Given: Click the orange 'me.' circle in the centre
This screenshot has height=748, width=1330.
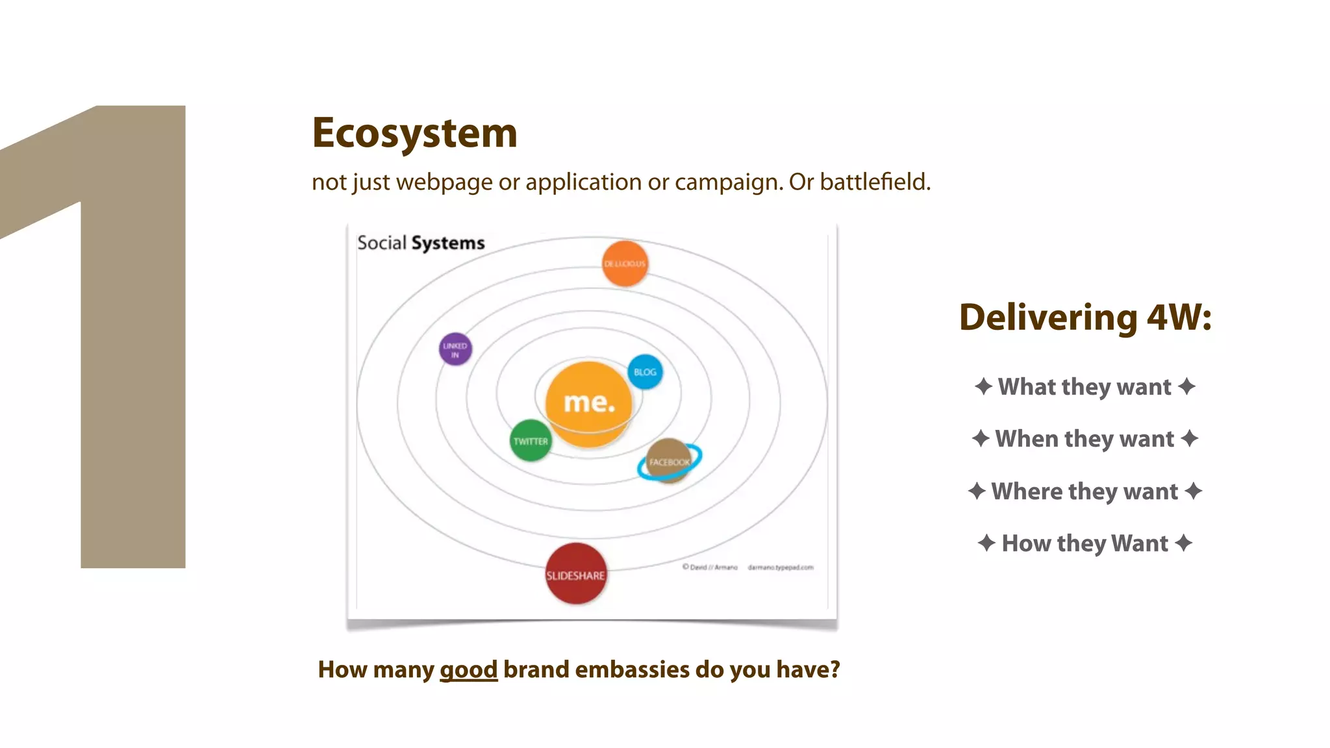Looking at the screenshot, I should [588, 403].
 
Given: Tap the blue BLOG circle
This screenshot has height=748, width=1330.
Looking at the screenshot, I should [645, 372].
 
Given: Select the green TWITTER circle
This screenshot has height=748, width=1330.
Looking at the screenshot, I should [531, 441].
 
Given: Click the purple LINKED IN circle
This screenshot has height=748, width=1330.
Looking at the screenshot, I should [455, 349].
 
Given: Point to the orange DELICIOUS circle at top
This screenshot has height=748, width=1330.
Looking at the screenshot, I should [625, 264].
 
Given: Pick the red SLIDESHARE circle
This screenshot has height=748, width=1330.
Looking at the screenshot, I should [575, 574].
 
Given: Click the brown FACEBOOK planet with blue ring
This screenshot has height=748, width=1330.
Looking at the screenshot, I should [669, 461].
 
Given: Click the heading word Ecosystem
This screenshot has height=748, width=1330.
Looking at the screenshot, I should [414, 133].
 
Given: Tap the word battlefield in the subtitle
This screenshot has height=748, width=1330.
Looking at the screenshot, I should [874, 182].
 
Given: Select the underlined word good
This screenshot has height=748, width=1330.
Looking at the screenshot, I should [468, 669].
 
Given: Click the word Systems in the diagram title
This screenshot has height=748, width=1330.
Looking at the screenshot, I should [448, 243].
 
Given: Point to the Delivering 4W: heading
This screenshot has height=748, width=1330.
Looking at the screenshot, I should [1085, 318].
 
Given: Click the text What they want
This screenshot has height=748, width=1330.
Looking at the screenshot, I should [1085, 387].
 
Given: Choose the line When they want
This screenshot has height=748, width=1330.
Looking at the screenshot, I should [1085, 439].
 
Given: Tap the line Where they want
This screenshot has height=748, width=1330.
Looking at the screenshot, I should [1085, 492].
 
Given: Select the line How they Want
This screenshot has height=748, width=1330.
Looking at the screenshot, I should [1085, 543].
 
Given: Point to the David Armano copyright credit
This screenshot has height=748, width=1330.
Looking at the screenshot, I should [710, 567].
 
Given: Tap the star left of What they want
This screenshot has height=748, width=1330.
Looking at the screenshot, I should [983, 386].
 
